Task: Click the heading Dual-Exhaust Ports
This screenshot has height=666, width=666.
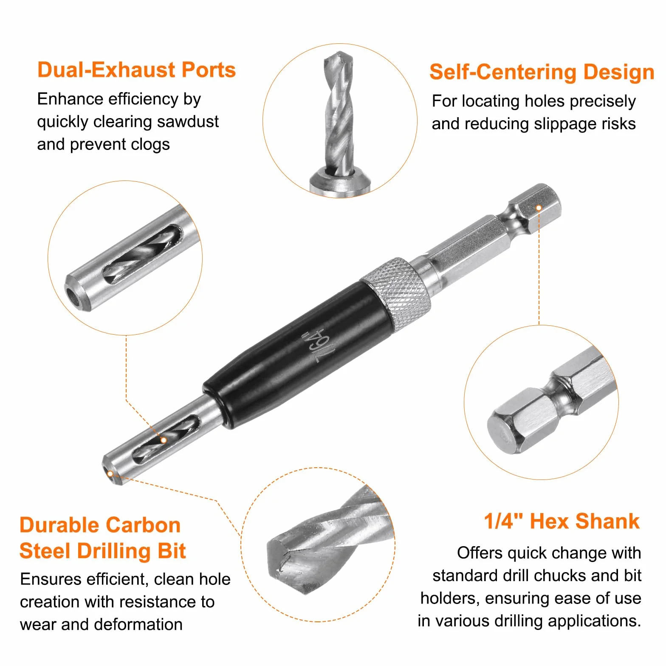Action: pyautogui.click(x=136, y=70)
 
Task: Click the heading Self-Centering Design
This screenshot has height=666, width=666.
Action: pyautogui.click(x=542, y=72)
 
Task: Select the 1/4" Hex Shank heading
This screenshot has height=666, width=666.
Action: pyautogui.click(x=562, y=521)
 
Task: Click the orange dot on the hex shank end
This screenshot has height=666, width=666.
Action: pyautogui.click(x=539, y=208)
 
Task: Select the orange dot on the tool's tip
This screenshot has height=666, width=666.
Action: pyautogui.click(x=110, y=474)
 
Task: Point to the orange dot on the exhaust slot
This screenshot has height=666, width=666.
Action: pyautogui.click(x=164, y=440)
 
